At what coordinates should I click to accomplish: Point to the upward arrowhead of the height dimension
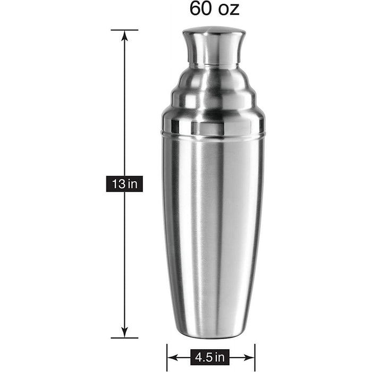(125, 36)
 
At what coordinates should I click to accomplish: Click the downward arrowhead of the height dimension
(125, 332)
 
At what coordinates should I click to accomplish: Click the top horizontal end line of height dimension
(125, 30)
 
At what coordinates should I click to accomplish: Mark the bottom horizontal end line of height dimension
(125, 338)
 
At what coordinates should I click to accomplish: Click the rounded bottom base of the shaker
(213, 332)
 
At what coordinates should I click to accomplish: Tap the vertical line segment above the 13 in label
(125, 106)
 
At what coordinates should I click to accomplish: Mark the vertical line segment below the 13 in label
(125, 260)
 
